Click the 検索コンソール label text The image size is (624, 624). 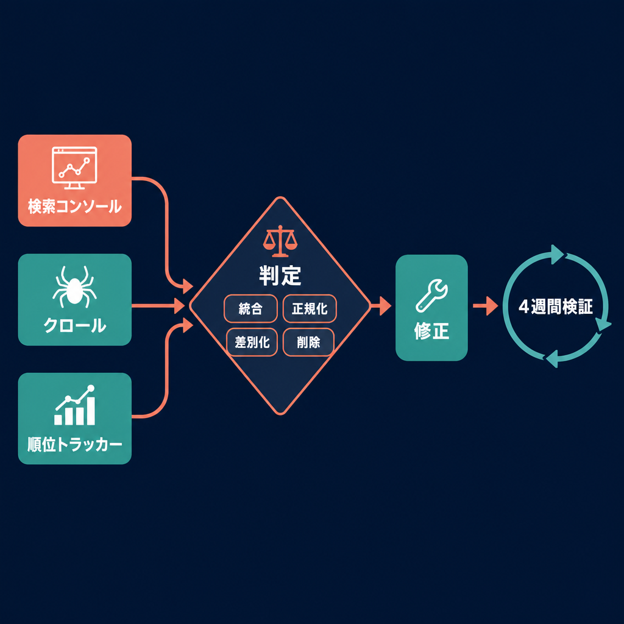(75, 207)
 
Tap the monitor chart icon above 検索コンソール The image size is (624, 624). (74, 168)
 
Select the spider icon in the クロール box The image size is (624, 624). (74, 287)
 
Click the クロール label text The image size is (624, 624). (75, 325)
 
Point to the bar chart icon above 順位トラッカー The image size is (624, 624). (75, 405)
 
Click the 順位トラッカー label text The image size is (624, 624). (75, 444)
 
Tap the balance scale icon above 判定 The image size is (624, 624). (280, 241)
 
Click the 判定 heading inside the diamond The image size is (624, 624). (280, 275)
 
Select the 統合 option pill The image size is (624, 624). (250, 308)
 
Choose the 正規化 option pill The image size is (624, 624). (310, 308)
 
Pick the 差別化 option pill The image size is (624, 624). (252, 342)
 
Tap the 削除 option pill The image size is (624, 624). (308, 342)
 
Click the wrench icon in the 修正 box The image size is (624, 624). (432, 296)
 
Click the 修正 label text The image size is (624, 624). (432, 331)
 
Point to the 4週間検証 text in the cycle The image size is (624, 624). (556, 307)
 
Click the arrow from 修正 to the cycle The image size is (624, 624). (486, 306)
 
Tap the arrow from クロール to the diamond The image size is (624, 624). (158, 306)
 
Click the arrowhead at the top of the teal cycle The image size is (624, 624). (557, 254)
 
